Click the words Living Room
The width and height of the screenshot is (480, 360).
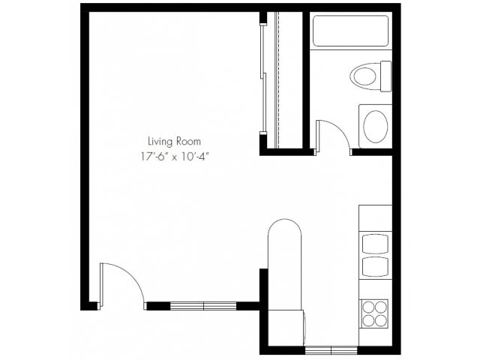point(174,140)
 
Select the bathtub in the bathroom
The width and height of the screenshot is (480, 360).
point(350,31)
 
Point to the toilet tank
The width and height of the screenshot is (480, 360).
point(385,75)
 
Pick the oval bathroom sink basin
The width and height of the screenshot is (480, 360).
point(375,124)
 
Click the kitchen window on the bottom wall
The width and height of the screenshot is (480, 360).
point(331,350)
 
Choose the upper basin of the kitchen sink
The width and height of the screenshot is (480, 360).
point(375,244)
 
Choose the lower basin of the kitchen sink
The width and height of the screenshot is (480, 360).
point(375,267)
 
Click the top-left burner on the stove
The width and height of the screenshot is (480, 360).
point(368,306)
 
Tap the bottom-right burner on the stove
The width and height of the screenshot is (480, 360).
point(382,319)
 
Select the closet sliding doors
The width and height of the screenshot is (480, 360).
point(263,79)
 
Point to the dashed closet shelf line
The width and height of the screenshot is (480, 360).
point(278,79)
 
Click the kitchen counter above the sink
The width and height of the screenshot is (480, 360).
point(375,217)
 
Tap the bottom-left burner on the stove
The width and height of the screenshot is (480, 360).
point(368,319)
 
